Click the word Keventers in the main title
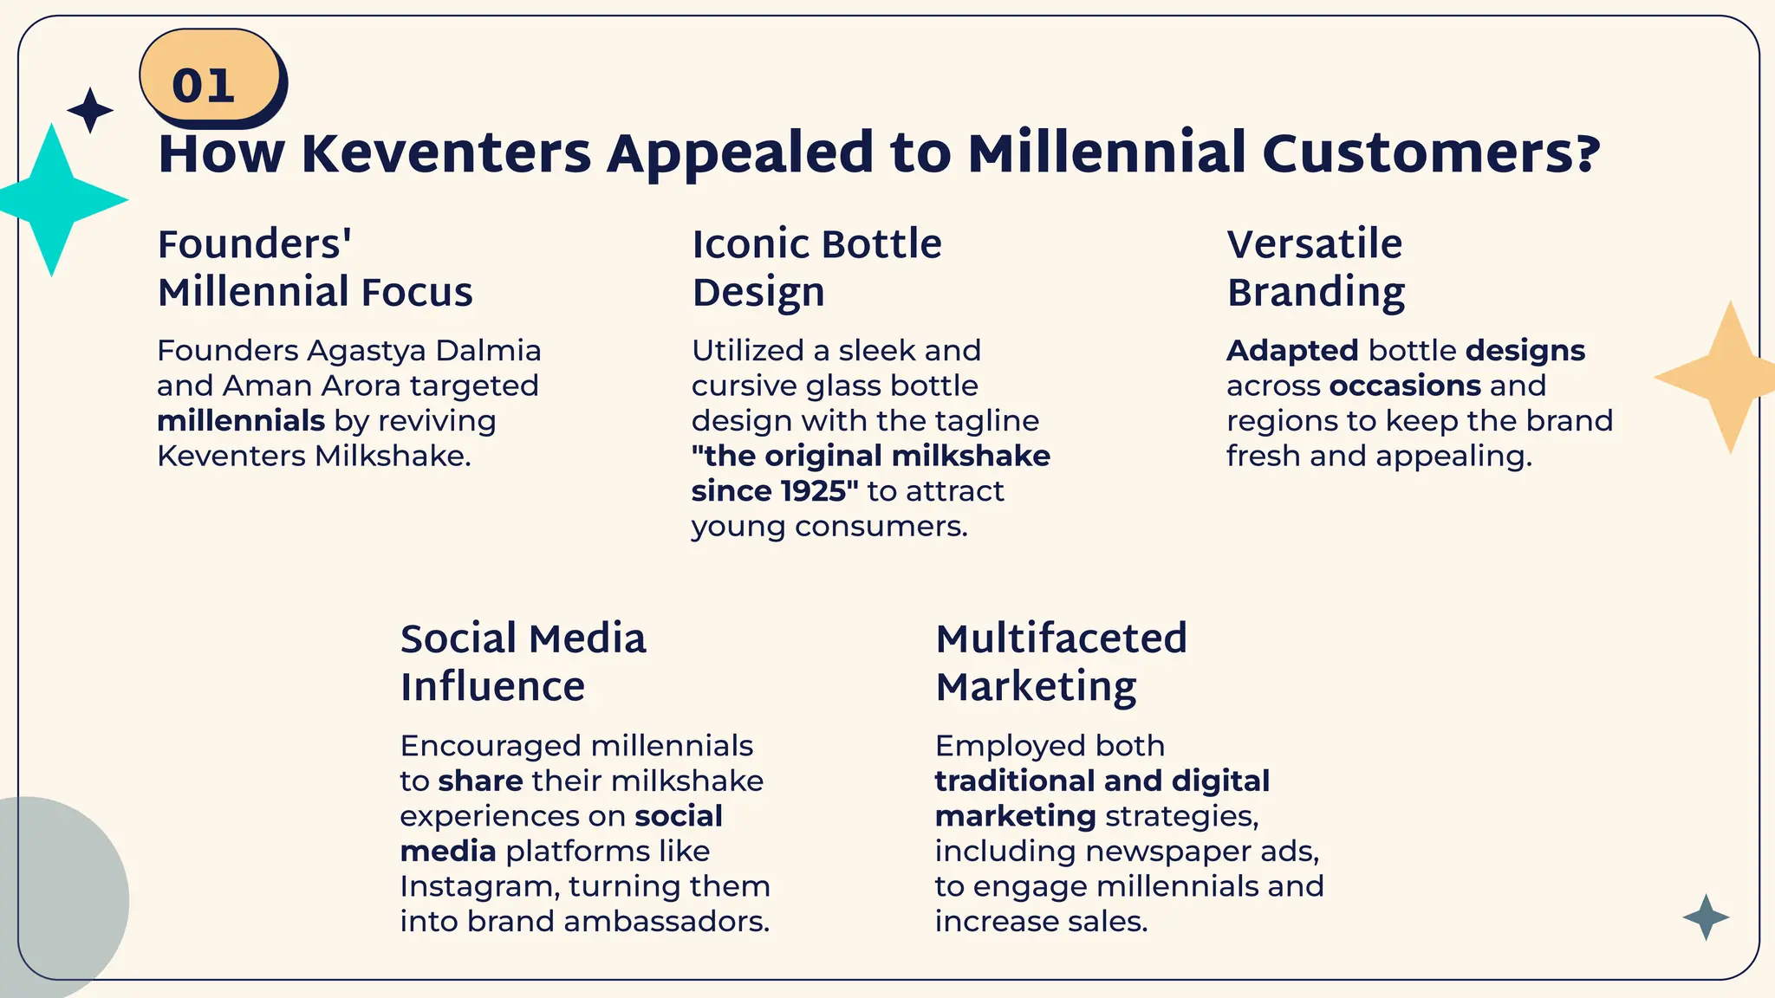[446, 153]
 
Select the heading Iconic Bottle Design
[816, 268]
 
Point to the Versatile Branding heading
[1315, 268]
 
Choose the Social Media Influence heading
[523, 663]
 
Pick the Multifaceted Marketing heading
[1061, 663]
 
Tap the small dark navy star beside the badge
[90, 111]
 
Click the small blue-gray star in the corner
[1706, 917]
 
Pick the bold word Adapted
[1292, 351]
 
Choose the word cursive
[741, 386]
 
